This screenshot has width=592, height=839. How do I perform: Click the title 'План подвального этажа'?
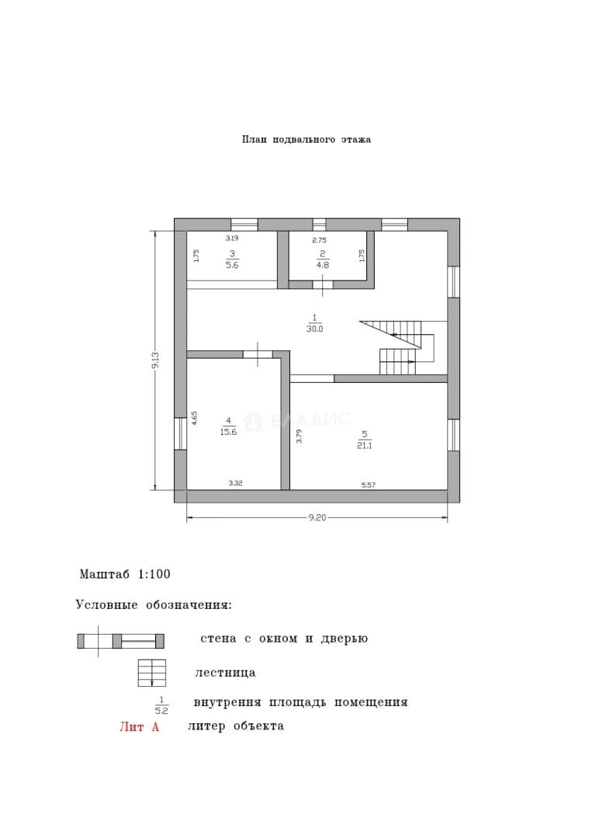tap(306, 140)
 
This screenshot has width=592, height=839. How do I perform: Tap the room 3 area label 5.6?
tap(232, 265)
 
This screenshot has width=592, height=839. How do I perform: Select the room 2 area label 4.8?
tap(323, 265)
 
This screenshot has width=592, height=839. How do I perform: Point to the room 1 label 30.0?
tap(315, 329)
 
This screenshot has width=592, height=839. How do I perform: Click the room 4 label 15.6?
tap(228, 432)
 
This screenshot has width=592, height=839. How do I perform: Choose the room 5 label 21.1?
tap(365, 445)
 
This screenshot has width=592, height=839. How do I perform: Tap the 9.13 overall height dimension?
tap(155, 360)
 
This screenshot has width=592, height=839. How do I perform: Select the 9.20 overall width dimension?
tap(317, 517)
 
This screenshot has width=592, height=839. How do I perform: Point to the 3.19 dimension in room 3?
tap(232, 238)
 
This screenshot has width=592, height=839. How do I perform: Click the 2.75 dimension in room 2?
tap(319, 240)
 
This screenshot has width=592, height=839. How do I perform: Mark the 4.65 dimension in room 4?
tap(195, 418)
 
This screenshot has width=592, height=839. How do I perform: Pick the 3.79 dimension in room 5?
tap(299, 437)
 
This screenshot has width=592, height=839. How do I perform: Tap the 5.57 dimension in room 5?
tap(369, 486)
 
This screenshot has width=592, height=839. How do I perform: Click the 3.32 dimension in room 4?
tap(236, 482)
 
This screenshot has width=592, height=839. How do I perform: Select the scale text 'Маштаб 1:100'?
tap(125, 574)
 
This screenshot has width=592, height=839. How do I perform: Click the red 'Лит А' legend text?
tap(140, 726)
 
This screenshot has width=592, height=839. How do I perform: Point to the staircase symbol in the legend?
tap(152, 673)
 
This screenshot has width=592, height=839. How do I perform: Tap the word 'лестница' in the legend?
tap(225, 673)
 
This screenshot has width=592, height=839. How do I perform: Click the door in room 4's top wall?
tap(258, 353)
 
